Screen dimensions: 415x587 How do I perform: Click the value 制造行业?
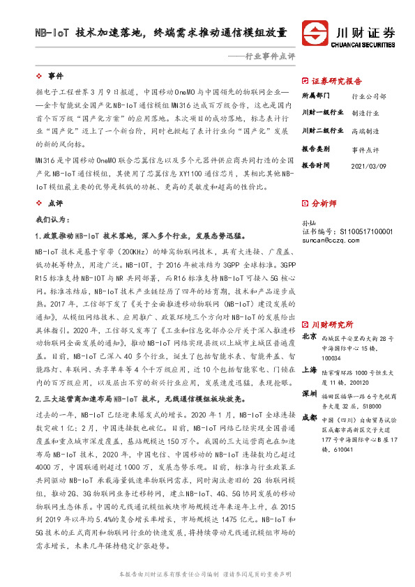click(x=365, y=113)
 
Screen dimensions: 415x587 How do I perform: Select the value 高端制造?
click(x=365, y=131)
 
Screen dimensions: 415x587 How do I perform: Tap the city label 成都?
click(x=308, y=417)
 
